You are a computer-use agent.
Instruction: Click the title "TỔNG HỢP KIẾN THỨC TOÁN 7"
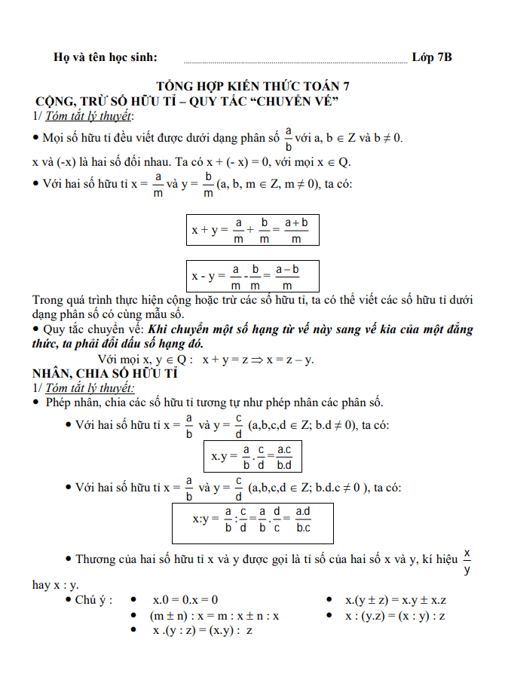252,86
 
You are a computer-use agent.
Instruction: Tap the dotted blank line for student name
295,60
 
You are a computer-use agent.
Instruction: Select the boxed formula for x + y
252,230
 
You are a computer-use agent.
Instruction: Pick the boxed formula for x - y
252,277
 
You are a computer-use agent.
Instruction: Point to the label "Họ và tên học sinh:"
106,57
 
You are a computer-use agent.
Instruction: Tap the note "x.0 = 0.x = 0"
185,600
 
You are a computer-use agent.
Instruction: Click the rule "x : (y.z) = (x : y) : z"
395,616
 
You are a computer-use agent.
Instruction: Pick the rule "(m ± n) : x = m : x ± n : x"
214,616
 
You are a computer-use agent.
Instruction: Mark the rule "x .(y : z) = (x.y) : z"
202,631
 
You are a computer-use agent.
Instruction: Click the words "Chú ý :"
93,600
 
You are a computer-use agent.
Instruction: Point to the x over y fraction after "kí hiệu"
467,562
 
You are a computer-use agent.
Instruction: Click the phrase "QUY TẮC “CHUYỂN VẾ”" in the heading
268,101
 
